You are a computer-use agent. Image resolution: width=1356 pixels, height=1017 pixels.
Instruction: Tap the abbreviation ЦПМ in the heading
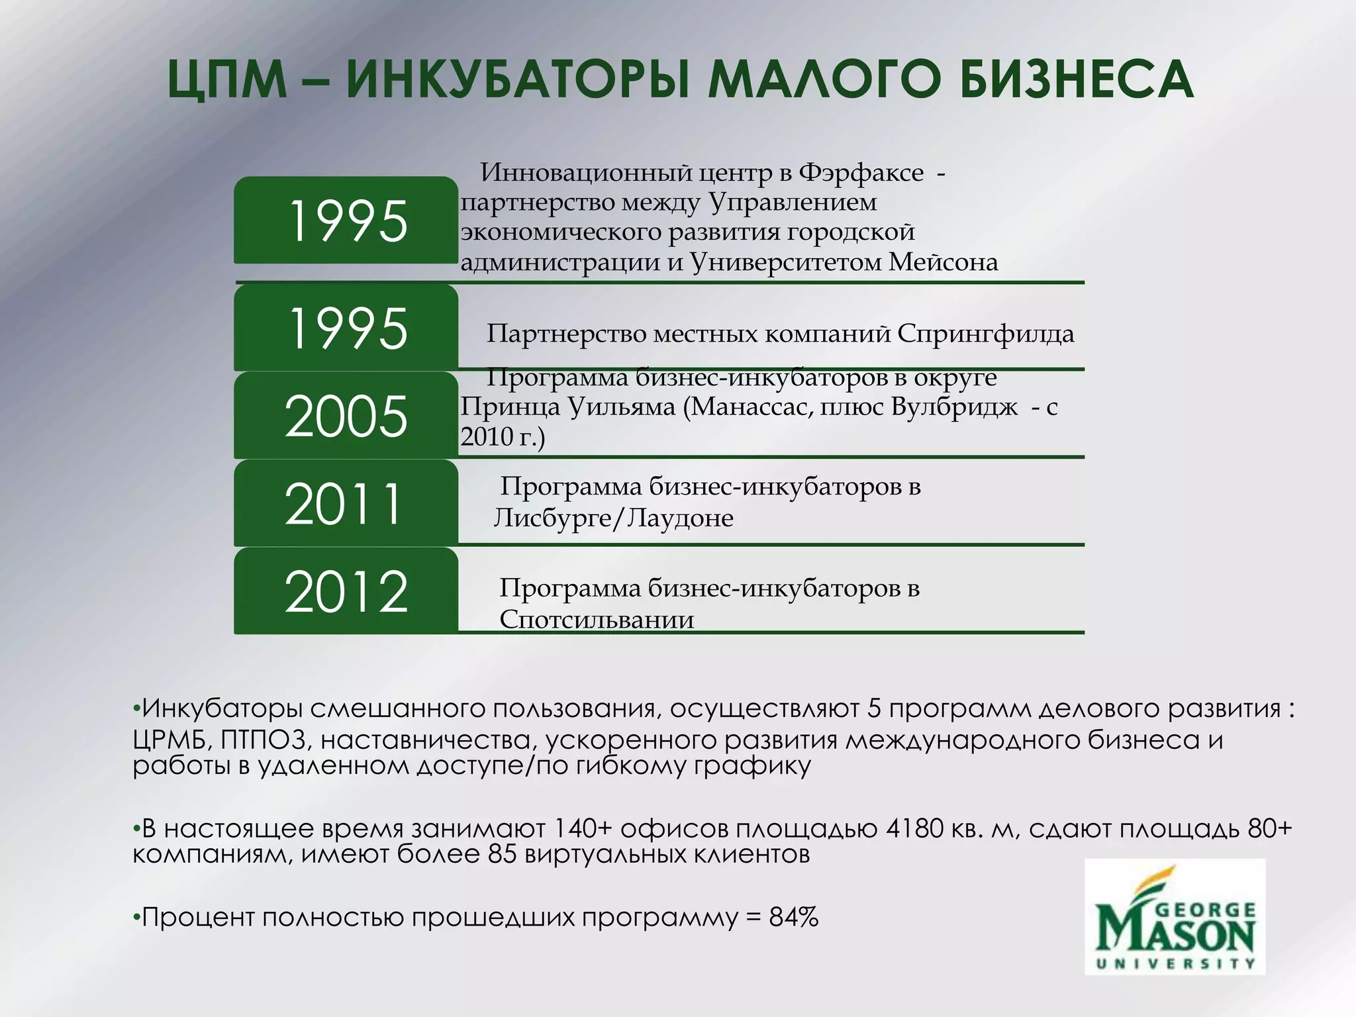tap(227, 81)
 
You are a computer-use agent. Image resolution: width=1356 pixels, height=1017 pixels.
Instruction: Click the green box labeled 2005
tap(346, 415)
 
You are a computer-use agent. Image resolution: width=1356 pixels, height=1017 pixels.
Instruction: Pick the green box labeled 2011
tap(346, 503)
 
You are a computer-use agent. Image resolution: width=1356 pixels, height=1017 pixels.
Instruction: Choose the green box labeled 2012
tap(346, 591)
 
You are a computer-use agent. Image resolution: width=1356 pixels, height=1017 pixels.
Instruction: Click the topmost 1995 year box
tap(346, 220)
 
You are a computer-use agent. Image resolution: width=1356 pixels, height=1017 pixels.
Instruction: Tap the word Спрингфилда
tap(985, 334)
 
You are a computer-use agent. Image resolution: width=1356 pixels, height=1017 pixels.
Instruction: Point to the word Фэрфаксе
tap(861, 172)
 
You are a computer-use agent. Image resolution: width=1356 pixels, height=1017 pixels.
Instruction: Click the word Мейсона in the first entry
tap(943, 262)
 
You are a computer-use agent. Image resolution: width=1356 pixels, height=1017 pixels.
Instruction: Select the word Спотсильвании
tap(597, 620)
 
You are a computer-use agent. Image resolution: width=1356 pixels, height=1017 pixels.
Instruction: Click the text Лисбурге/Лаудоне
tap(614, 518)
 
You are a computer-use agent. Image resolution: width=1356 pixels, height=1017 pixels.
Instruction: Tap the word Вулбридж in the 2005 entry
tap(954, 407)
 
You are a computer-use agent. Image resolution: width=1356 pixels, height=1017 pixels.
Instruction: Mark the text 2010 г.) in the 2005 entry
tap(503, 437)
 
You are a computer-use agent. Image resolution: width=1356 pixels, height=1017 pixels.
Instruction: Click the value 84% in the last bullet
tap(794, 918)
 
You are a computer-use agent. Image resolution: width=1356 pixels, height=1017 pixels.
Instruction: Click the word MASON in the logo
tap(1175, 934)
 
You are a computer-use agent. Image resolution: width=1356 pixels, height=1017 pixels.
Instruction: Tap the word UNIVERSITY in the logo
tap(1175, 964)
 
